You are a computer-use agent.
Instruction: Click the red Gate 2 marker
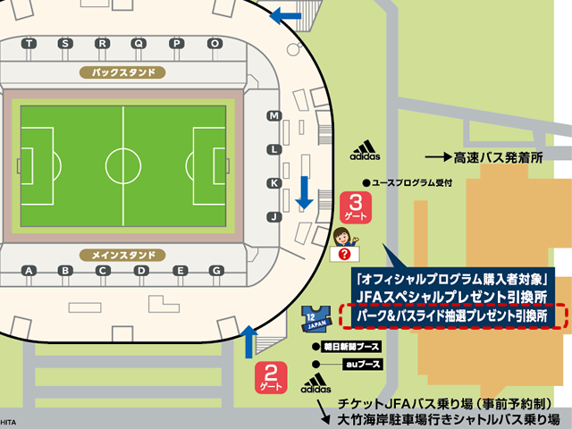coord(270,376)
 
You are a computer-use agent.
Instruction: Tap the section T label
coord(30,43)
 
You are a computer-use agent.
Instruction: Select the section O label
coord(214,43)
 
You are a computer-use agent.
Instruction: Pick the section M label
coord(274,116)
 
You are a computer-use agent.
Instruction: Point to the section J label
coord(274,216)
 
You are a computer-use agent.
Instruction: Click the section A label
coord(29,270)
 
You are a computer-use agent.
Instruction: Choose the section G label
coord(215,270)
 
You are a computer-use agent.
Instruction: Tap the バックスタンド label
coord(123,71)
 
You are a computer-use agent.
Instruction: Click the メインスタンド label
coord(123,256)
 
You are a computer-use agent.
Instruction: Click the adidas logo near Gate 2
coord(315,386)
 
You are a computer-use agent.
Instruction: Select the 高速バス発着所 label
coord(498,156)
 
